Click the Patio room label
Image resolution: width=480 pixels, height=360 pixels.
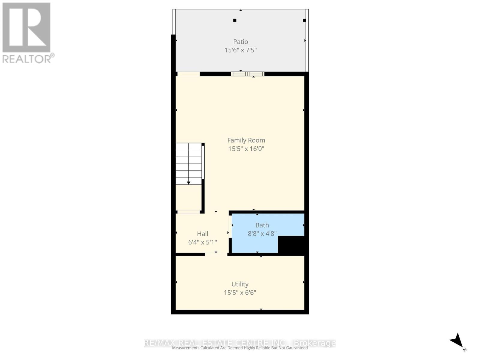[x=241, y=42]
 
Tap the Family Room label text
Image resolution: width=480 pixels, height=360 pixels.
[x=246, y=140]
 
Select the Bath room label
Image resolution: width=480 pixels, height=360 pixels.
[x=262, y=225]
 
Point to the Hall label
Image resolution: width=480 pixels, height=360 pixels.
[x=202, y=234]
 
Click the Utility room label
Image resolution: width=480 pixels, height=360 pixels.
[x=240, y=284]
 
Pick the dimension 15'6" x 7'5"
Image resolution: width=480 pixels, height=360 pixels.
[x=241, y=50]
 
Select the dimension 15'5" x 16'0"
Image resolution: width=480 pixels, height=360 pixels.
[x=246, y=148]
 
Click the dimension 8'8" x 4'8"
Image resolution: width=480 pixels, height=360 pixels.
[x=262, y=233]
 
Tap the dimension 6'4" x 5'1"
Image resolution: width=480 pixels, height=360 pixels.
[x=202, y=242]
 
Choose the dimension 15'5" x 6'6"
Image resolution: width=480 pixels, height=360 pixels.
[x=240, y=292]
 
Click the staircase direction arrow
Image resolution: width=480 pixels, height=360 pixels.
[x=189, y=182]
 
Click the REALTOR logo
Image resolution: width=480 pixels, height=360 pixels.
[x=27, y=32]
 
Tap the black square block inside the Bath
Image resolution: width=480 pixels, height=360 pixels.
[x=291, y=244]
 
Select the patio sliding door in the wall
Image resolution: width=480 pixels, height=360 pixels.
[x=247, y=74]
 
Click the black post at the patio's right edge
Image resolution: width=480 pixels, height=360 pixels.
[x=304, y=20]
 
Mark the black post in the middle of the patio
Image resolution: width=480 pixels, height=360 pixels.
[x=235, y=20]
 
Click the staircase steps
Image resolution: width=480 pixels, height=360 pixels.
[x=188, y=163]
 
